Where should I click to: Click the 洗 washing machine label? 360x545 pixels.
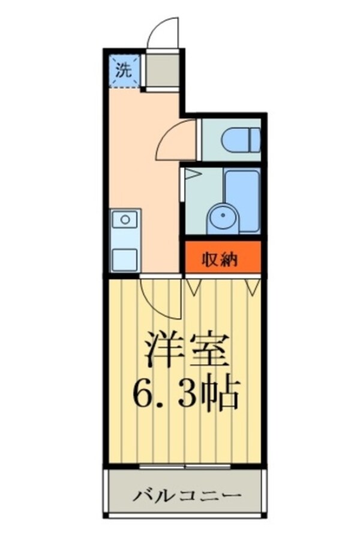(122, 70)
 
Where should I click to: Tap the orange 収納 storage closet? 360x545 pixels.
(222, 258)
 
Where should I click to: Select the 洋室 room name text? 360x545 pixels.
(187, 350)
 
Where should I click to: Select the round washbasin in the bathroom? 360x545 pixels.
(223, 218)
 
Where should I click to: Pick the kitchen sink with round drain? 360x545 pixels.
(125, 219)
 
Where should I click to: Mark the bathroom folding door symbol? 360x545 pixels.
(191, 176)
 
